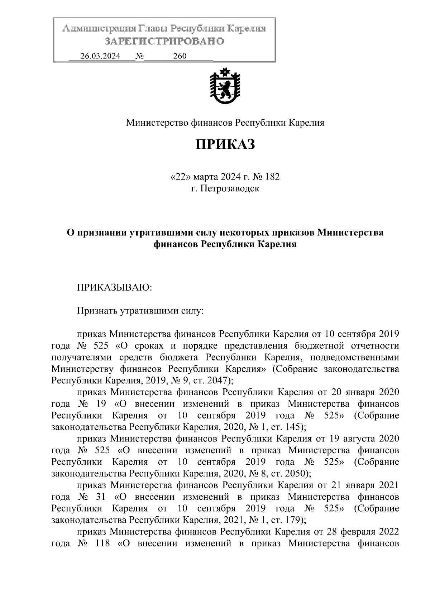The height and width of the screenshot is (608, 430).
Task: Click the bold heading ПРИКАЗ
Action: point(225,144)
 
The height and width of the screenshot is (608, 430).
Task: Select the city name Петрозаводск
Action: point(229,188)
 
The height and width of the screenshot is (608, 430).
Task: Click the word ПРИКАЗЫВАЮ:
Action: point(115,288)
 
